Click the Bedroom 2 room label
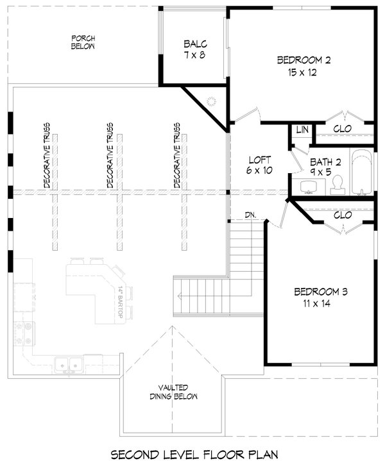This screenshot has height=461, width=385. (x=304, y=60)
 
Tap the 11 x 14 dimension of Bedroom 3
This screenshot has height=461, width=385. (x=317, y=303)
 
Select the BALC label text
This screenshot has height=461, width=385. (x=195, y=44)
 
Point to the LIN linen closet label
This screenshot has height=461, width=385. (x=302, y=130)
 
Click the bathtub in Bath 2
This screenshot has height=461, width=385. (x=361, y=172)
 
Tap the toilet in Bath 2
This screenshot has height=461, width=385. (x=338, y=185)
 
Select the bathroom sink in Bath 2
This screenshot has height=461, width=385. (x=309, y=187)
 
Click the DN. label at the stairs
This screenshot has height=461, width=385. (x=250, y=215)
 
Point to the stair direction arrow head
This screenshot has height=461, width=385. (x=179, y=296)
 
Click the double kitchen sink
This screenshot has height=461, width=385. (x=69, y=365)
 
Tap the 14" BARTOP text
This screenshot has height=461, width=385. (x=121, y=302)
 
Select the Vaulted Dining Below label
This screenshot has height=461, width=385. (x=174, y=392)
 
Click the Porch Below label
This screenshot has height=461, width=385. (x=83, y=42)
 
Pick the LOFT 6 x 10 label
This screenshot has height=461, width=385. (x=259, y=165)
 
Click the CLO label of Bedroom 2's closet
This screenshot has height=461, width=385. (x=342, y=128)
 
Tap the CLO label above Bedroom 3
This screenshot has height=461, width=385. (x=343, y=215)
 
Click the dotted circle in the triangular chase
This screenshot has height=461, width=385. (x=211, y=101)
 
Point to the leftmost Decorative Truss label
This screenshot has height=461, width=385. (x=47, y=156)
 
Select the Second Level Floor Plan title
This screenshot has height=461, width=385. (x=194, y=454)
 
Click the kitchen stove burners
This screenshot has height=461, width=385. (x=24, y=333)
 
